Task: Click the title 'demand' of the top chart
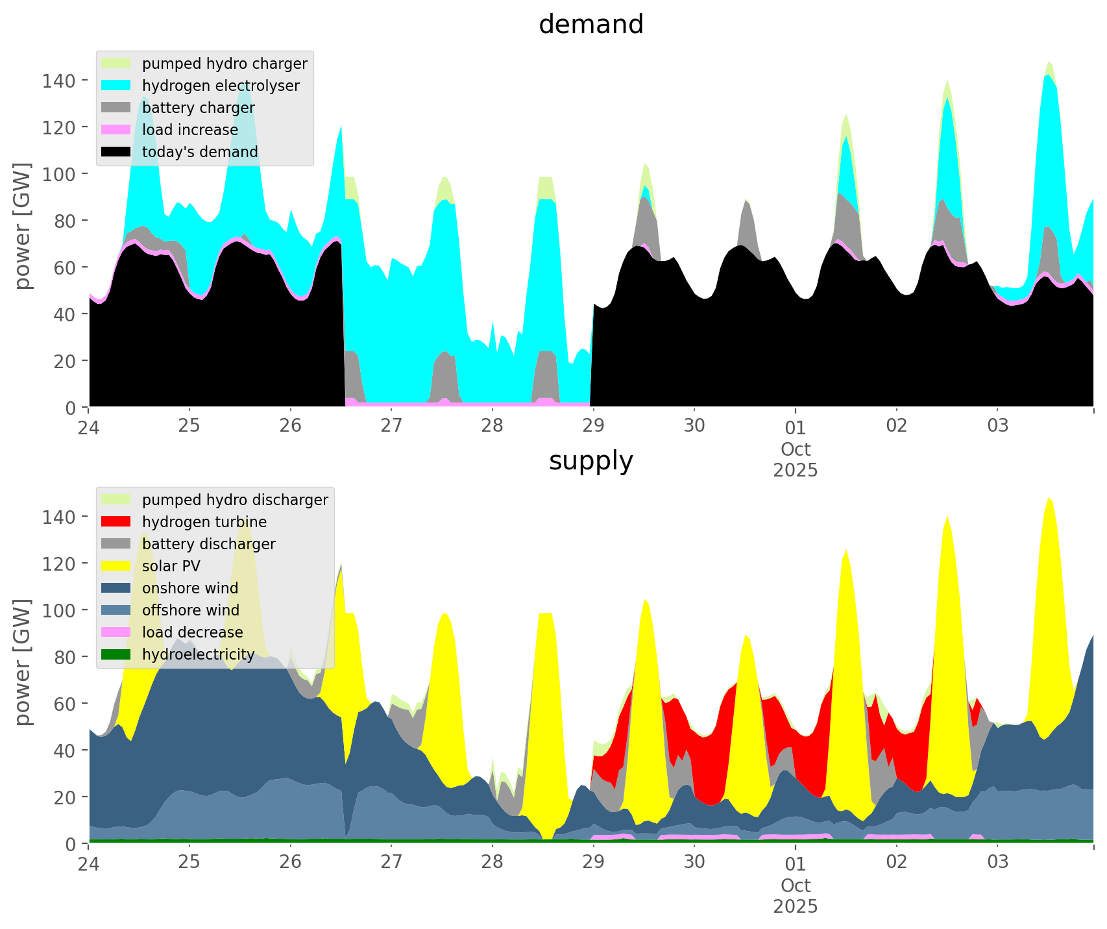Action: (x=590, y=25)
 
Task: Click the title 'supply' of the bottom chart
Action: (x=590, y=461)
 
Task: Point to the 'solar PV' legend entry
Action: (x=171, y=566)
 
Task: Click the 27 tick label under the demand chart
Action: (x=391, y=427)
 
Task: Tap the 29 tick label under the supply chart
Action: (x=593, y=863)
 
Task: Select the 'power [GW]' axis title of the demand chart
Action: (x=23, y=225)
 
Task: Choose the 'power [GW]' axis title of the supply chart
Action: (x=23, y=662)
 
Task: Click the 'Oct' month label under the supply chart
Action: (x=796, y=886)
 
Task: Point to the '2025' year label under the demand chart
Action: (x=796, y=470)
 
